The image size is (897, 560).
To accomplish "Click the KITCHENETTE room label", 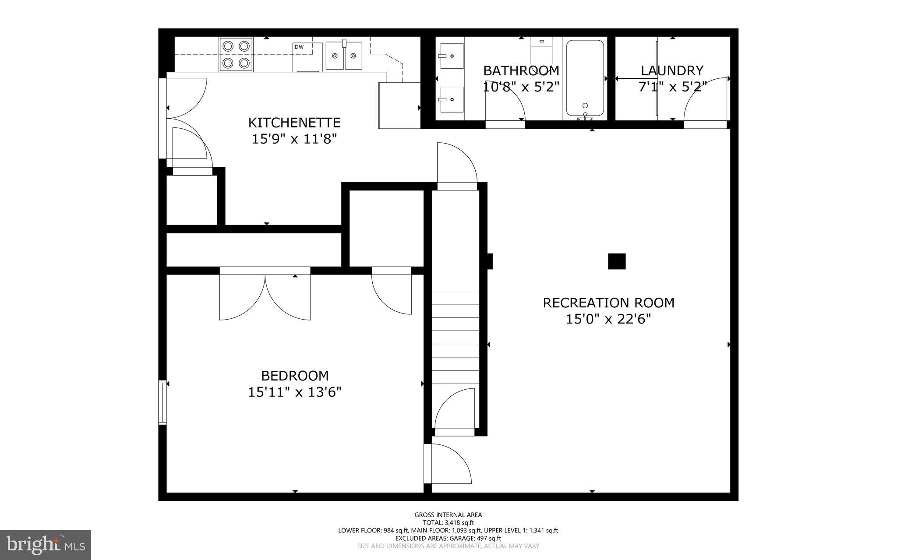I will [294, 122].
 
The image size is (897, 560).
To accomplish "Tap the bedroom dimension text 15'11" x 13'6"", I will [294, 392].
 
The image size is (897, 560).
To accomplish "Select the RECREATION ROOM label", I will [608, 303].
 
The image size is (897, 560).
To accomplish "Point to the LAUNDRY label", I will [672, 70].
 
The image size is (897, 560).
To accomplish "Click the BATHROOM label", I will [521, 70].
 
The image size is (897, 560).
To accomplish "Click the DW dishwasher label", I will [299, 47].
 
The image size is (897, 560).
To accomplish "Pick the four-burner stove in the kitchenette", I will [236, 54].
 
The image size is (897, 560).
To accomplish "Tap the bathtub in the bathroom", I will [585, 77].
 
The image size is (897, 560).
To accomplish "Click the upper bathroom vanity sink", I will [452, 56].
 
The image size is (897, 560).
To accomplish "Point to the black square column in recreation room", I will [616, 261].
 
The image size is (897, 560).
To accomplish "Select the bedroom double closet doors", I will [265, 296].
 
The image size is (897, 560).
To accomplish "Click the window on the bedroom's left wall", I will [162, 402].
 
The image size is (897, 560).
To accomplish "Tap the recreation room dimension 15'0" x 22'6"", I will [608, 319].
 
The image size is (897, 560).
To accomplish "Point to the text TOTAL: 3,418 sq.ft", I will [448, 522].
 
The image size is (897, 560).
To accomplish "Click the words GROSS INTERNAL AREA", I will [448, 515].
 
